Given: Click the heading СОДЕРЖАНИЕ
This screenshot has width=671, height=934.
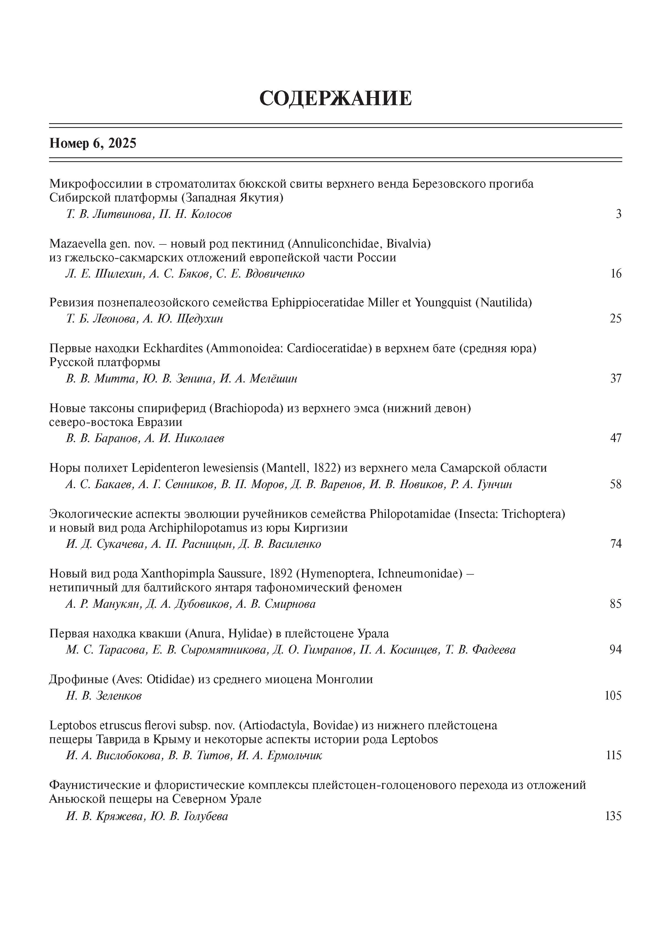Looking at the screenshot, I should pos(335,99).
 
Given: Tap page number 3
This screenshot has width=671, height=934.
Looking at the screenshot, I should pos(618,214).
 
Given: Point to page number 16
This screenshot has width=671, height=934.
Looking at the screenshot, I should pos(616,274).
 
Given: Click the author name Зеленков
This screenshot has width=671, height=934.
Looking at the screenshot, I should pos(118,696).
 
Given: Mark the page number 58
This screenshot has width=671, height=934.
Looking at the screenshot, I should pos(616,484).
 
